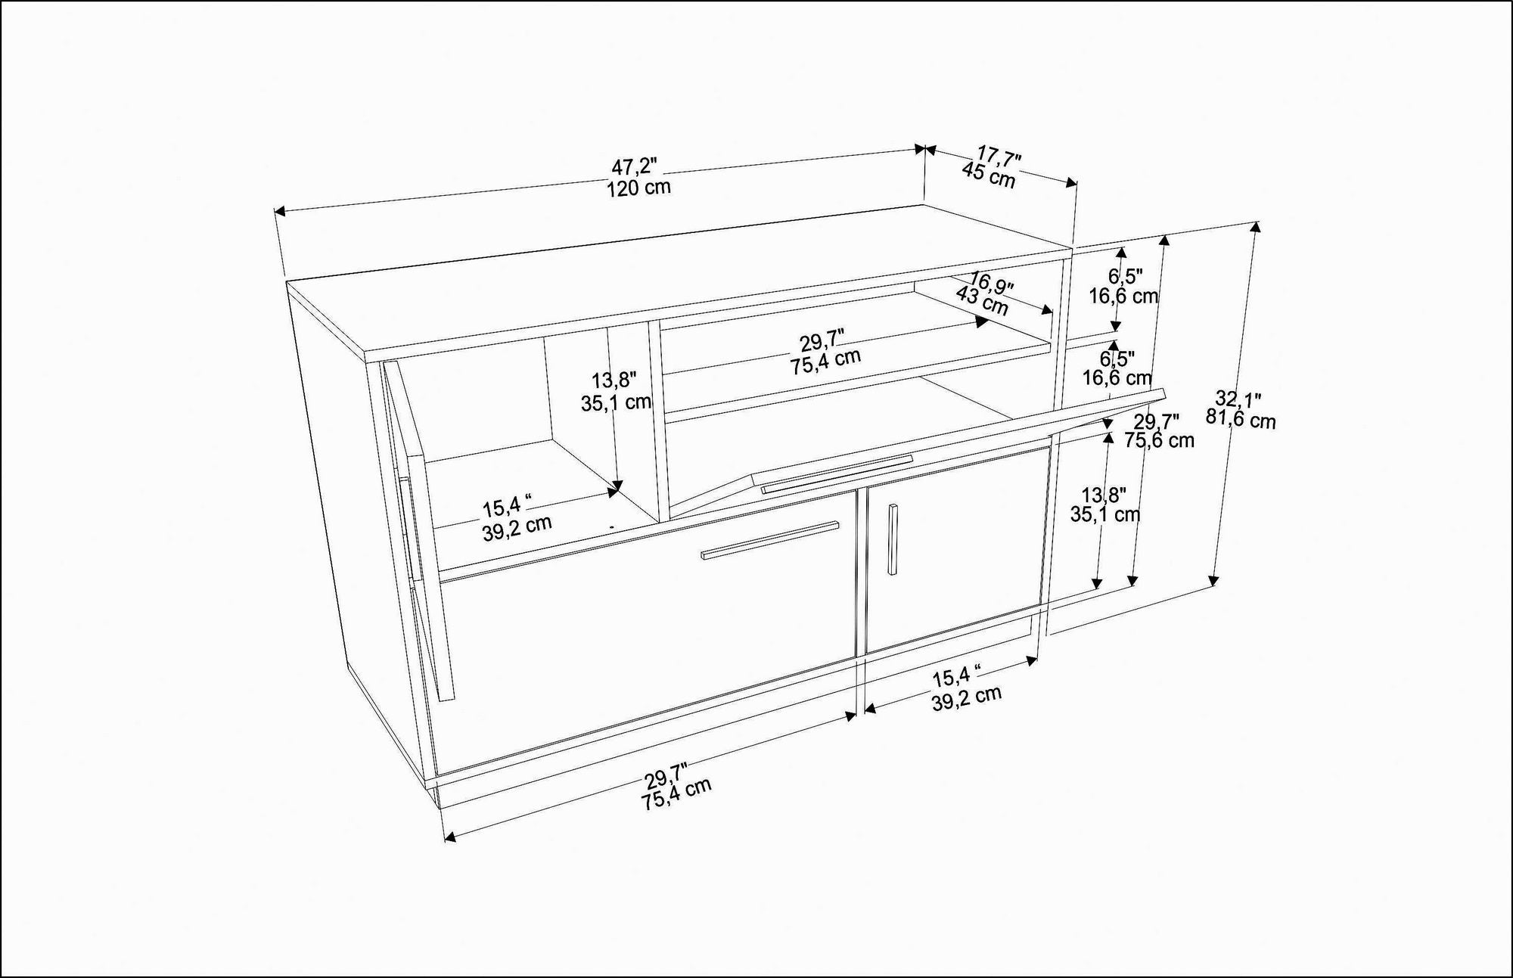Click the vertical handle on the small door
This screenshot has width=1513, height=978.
(x=893, y=539)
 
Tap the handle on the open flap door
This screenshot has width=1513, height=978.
(x=836, y=474)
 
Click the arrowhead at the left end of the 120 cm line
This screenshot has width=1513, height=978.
(x=278, y=212)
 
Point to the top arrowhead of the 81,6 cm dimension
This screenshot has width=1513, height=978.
(x=1257, y=225)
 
